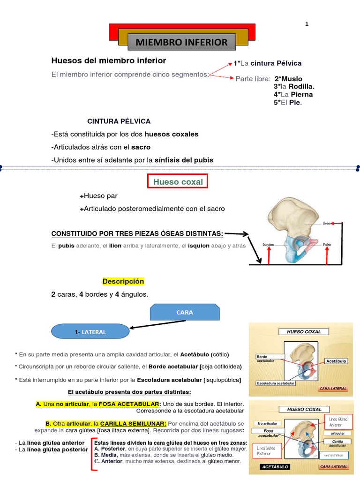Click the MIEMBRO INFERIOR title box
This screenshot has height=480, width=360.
pos(181,42)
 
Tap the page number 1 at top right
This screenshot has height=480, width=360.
pos(307,24)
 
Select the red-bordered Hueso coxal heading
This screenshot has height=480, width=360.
pos(178,182)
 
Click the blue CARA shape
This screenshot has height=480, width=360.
pos(185,312)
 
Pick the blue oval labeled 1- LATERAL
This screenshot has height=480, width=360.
pos(90,332)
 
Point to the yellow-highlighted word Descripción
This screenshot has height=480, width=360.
pos(123,281)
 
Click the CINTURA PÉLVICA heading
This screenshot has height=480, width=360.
pos(119,121)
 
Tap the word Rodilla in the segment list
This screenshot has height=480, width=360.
pos(301,86)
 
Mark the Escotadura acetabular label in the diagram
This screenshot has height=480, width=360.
pos(276,383)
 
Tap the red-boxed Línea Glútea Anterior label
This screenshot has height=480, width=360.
pos(337,422)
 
